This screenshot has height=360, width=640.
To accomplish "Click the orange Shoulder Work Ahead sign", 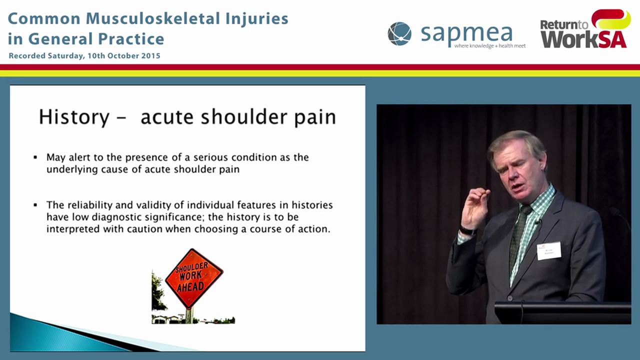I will [x=194, y=278].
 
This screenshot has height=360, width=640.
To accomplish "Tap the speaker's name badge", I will [x=548, y=251].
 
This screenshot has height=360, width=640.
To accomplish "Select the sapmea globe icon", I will [x=399, y=34].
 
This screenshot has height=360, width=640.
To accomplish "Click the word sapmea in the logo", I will [x=466, y=33].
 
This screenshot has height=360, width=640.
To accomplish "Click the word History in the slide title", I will [x=74, y=117].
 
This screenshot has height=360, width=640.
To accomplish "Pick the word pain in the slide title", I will [x=314, y=117].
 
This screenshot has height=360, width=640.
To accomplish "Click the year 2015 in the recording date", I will [x=150, y=56].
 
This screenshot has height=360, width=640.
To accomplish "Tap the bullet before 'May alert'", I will [x=35, y=157].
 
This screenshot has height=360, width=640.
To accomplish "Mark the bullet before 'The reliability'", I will [x=35, y=205].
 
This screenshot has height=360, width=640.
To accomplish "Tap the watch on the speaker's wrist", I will [x=467, y=231].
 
